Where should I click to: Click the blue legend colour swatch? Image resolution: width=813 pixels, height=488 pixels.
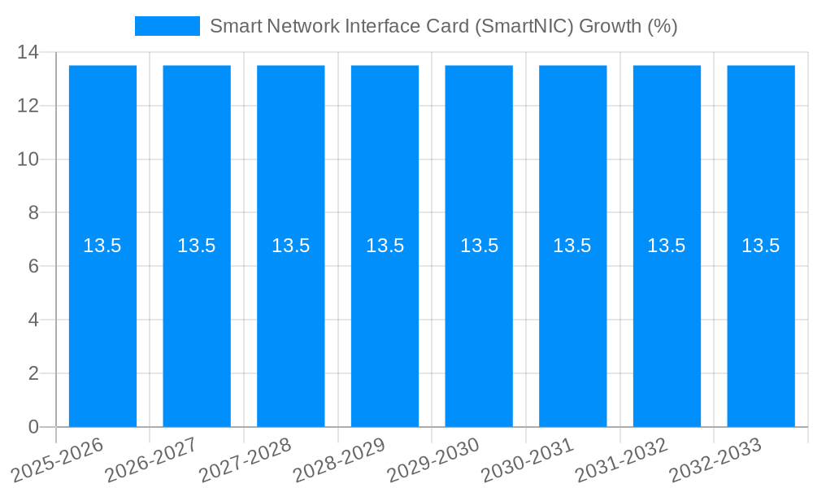coord(167,26)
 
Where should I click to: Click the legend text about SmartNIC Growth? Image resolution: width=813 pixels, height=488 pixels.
coord(443,26)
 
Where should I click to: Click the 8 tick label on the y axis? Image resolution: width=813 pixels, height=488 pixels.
coord(33,213)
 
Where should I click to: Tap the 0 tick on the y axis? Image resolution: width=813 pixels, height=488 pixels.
coord(33,427)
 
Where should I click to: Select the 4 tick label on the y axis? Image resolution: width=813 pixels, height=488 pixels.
coord(33,320)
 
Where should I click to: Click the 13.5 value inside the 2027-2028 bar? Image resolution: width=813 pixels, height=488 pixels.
coord(290,246)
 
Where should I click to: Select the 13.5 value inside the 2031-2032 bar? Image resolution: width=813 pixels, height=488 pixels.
coord(667,246)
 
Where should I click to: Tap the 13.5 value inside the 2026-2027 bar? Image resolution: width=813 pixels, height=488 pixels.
coord(197,246)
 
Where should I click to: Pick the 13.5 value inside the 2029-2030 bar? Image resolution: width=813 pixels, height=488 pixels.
coord(479,246)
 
